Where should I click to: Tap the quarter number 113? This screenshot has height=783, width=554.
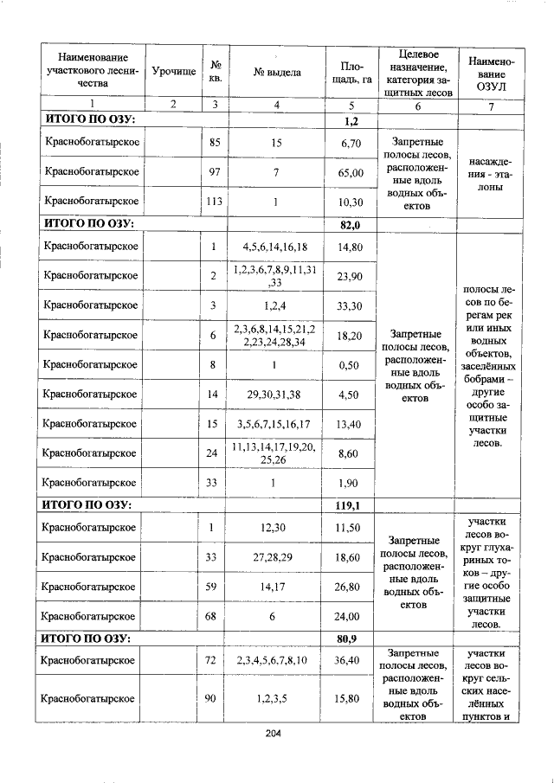(213, 202)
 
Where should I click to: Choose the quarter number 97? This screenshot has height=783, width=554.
(213, 172)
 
